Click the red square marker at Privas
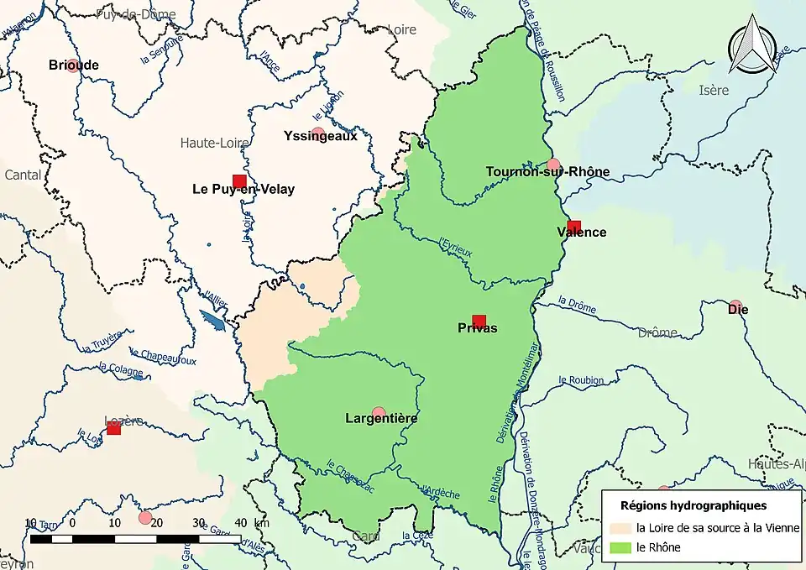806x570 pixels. [479, 320]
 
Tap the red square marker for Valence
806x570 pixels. [573, 226]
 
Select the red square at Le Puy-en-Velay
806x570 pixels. [239, 180]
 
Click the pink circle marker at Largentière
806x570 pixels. [379, 413]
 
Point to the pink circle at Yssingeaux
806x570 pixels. [318, 133]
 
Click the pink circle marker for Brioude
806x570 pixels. [73, 65]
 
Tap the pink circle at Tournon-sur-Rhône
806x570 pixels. [552, 164]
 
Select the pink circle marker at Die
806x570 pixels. [735, 306]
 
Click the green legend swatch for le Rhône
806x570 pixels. [620, 547]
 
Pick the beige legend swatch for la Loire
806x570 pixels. [620, 528]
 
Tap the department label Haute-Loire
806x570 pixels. [214, 144]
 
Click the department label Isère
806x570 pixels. [714, 91]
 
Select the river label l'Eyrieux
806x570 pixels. [457, 247]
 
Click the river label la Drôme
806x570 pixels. [577, 301]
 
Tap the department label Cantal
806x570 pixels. [23, 175]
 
